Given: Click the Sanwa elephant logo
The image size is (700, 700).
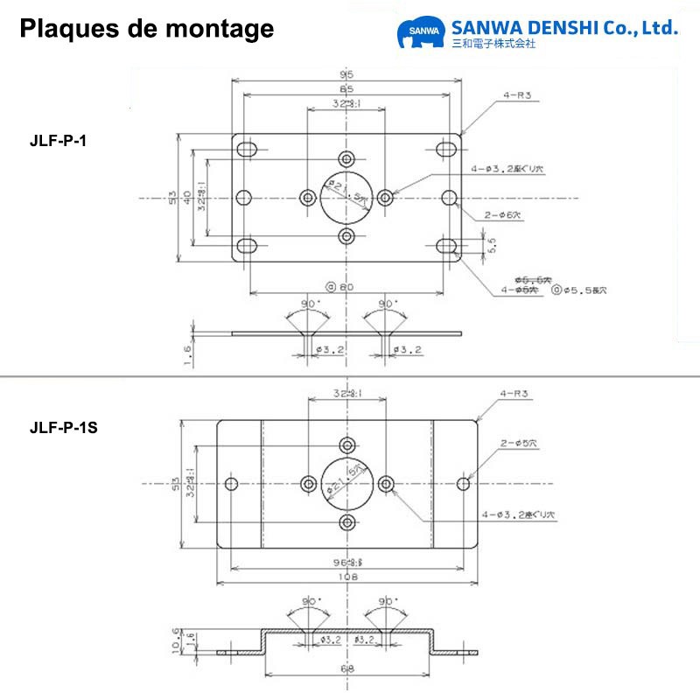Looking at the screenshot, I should point(421,33).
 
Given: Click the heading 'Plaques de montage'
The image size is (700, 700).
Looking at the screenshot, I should point(146,29).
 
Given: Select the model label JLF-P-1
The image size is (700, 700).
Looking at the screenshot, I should point(58,141).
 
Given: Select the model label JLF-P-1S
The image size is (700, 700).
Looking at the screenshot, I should point(63,428).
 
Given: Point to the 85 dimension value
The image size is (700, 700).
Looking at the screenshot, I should point(347,90).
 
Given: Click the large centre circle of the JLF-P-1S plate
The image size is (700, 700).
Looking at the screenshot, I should point(347,483).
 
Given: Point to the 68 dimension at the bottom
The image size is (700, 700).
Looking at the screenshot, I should point(347,669).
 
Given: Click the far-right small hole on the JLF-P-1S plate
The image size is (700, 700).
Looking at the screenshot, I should point(464,484).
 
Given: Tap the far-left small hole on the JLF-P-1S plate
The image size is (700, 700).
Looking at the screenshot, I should point(232,484).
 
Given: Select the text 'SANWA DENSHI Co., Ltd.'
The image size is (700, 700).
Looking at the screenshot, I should point(563,27).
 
